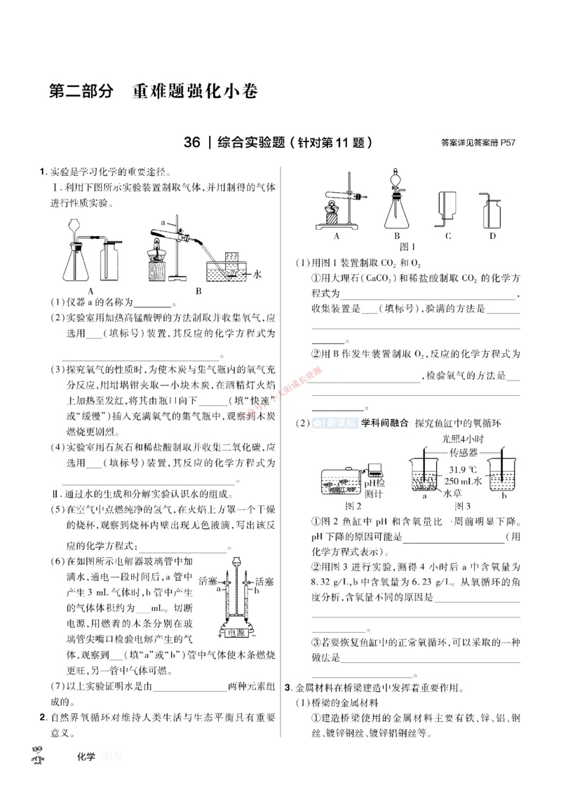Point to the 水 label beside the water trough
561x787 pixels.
coord(257,275)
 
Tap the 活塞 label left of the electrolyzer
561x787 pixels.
coord(209,582)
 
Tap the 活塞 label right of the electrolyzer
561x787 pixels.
coord(264,582)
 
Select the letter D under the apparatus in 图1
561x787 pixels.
coord(493,236)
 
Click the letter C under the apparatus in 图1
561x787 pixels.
coord(447,236)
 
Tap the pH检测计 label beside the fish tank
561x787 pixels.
coord(375,488)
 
